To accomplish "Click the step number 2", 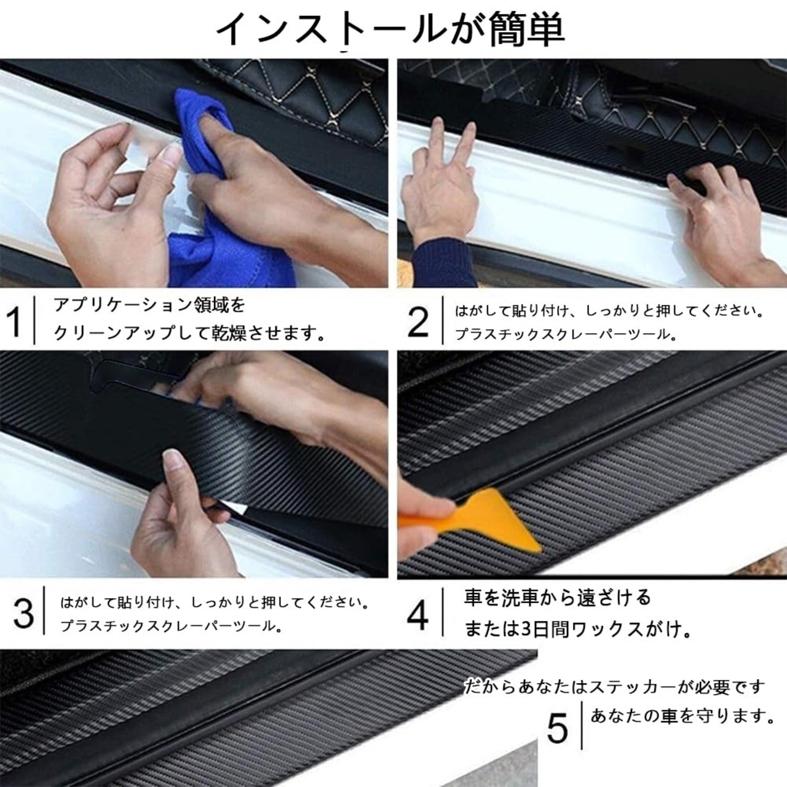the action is [x=419, y=322].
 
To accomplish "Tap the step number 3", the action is [x=23, y=613].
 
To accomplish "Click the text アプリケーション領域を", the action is [x=149, y=306].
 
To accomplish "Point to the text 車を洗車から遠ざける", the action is [x=558, y=598].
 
